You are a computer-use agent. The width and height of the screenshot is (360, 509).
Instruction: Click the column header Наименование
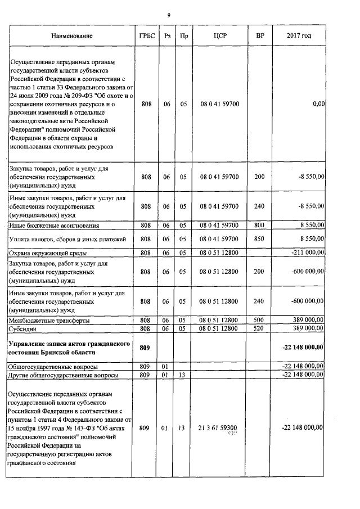click(x=71, y=36)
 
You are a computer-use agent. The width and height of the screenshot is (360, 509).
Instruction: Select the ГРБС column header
click(x=146, y=36)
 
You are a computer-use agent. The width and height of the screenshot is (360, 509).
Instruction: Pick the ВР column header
click(x=259, y=36)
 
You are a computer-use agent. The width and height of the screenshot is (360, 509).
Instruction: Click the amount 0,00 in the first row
click(x=318, y=104)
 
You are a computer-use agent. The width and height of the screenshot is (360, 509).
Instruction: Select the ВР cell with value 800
click(x=259, y=225)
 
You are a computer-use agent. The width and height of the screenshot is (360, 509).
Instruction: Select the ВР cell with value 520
click(x=259, y=328)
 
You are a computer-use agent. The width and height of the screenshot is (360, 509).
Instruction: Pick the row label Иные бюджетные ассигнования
click(x=54, y=225)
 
